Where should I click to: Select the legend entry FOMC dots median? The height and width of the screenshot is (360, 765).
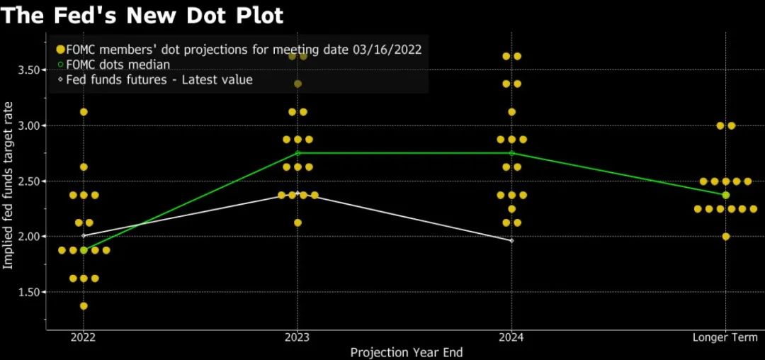(x=118, y=64)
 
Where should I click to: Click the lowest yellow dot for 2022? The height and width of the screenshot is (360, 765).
(x=84, y=306)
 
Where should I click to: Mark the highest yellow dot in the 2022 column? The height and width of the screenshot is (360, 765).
(x=84, y=112)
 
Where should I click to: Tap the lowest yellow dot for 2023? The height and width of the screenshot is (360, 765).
(x=297, y=223)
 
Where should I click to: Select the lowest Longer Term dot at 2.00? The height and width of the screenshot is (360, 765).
(x=725, y=236)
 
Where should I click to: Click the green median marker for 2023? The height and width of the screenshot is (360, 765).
(x=297, y=153)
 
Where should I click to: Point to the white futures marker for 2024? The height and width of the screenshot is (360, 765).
(x=511, y=241)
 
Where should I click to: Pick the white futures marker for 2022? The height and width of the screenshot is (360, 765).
(x=84, y=235)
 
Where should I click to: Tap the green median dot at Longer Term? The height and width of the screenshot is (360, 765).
(x=725, y=195)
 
